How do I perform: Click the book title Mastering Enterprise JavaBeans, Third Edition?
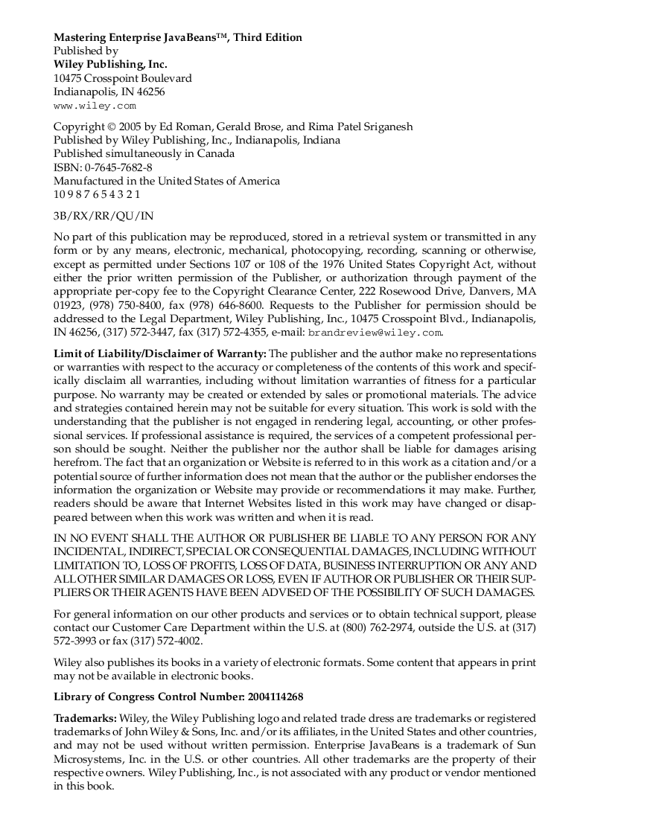pos(177,37)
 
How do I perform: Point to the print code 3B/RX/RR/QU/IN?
pos(104,216)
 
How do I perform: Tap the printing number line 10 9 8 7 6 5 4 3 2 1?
pos(97,195)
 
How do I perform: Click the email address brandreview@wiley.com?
pos(375,333)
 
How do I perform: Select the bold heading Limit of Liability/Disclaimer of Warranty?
pos(159,353)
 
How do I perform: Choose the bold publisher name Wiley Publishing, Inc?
pos(110,65)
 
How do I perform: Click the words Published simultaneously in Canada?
pos(144,154)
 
